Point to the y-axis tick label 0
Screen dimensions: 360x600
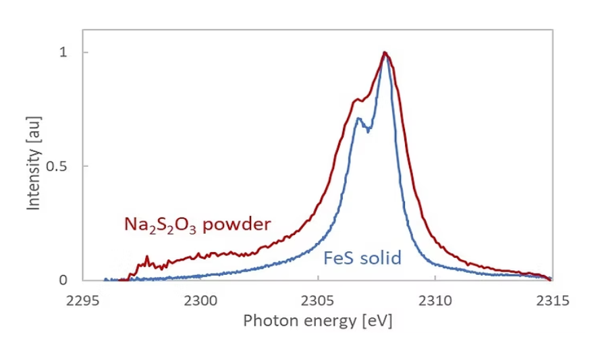point(64,280)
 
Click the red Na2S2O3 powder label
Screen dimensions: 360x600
point(196,225)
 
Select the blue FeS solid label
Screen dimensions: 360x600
point(362,257)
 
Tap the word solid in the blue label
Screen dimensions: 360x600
point(384,257)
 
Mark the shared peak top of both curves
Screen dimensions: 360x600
point(385,53)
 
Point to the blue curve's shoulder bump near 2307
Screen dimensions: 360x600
point(359,119)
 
